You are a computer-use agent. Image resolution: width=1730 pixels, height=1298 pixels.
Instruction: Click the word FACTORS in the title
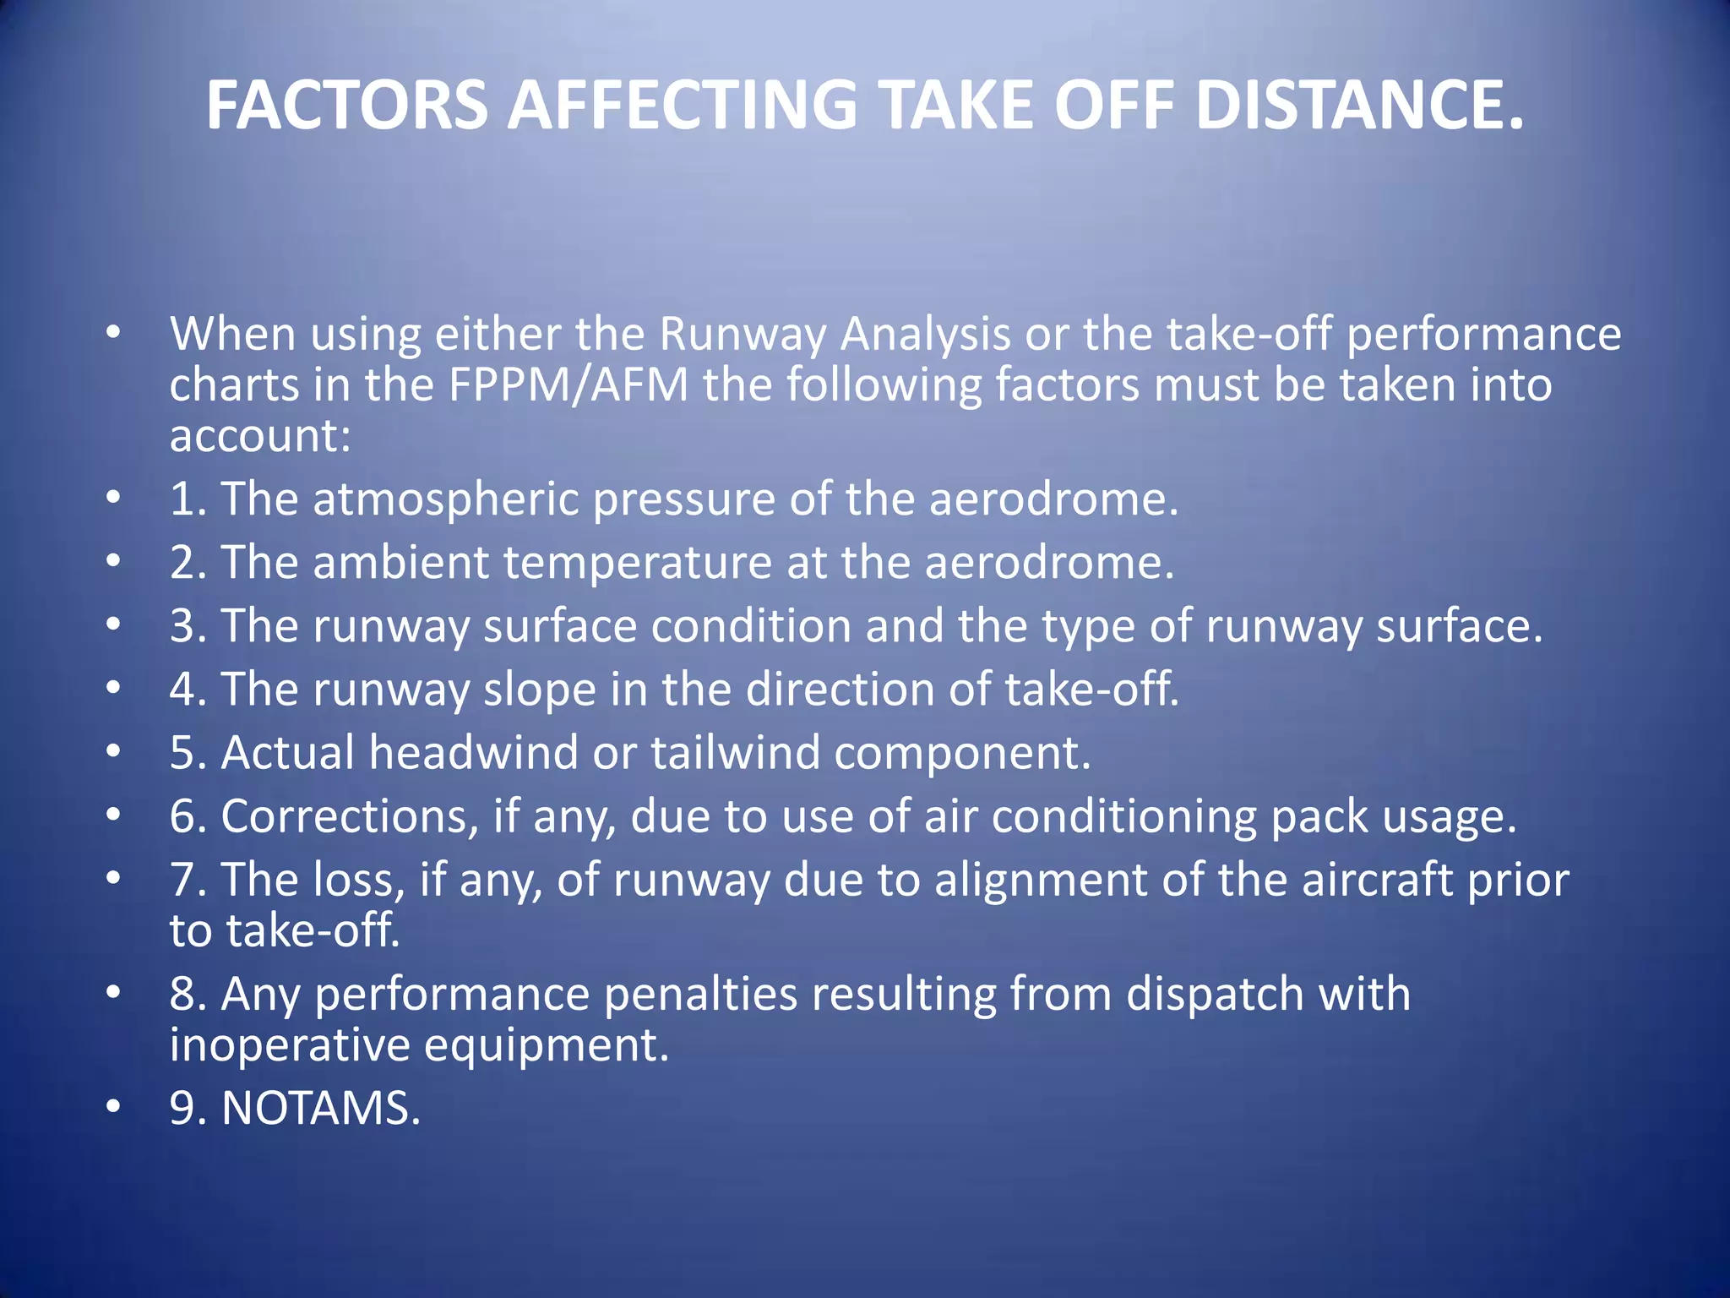click(x=347, y=106)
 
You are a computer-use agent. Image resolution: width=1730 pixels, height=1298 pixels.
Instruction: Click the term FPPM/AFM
click(x=569, y=385)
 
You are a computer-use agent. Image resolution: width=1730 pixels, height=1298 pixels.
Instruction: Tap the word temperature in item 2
click(x=637, y=563)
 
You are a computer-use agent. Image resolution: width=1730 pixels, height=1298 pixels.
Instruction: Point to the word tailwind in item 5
click(x=735, y=753)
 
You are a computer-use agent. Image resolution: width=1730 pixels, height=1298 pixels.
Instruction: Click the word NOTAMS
click(x=320, y=1108)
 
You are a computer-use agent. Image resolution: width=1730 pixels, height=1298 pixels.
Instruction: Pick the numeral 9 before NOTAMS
click(x=184, y=1108)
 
